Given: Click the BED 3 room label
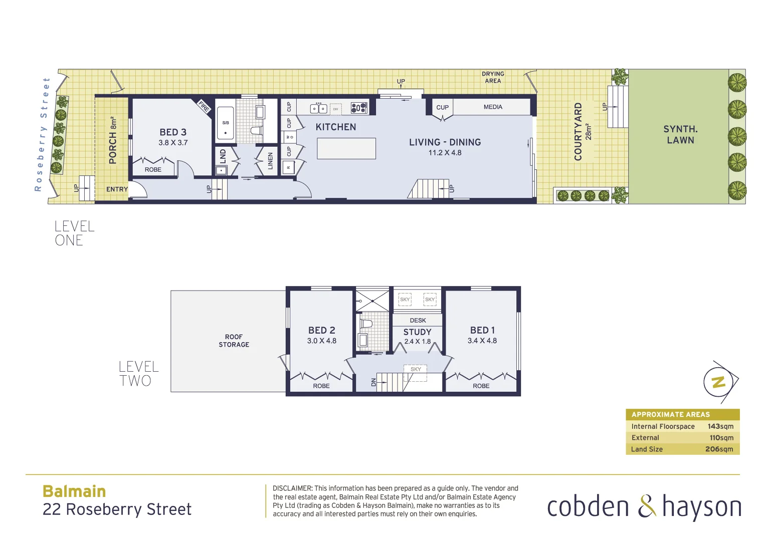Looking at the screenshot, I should click(x=173, y=132).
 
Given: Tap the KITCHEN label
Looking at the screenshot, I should click(x=336, y=127).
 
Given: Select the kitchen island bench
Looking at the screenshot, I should click(x=346, y=149).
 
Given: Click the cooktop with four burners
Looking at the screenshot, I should click(x=359, y=107).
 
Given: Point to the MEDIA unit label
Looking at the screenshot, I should click(x=493, y=107).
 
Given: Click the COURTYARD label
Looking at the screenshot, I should click(x=578, y=132).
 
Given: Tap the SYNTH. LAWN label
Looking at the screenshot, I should click(x=680, y=135).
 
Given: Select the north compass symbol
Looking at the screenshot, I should click(x=719, y=382).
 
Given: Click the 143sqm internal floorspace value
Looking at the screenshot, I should click(x=720, y=426).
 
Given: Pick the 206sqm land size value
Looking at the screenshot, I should click(x=719, y=449).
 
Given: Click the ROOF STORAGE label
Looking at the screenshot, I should click(x=234, y=341).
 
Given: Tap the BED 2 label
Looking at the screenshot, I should click(x=321, y=331).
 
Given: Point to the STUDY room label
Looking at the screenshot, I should click(x=417, y=332).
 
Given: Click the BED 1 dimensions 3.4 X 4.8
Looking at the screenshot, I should click(x=482, y=341).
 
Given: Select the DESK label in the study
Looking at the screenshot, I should click(x=418, y=321).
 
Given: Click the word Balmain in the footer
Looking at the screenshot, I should click(x=74, y=491).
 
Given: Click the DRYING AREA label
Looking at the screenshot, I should click(x=493, y=77).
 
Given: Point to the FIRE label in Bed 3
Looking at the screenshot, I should click(x=204, y=106).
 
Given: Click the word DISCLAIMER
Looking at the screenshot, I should click(x=292, y=488).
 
